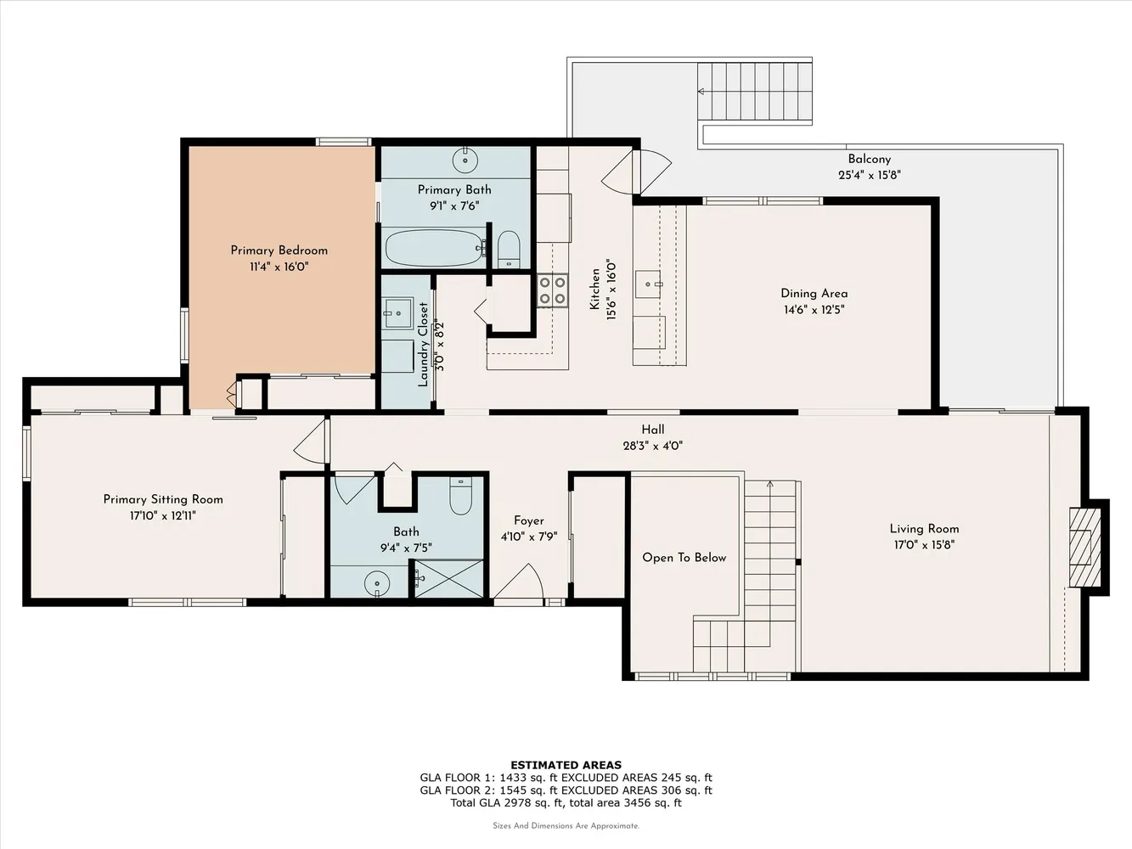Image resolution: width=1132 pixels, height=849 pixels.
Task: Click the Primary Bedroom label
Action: click(279, 250)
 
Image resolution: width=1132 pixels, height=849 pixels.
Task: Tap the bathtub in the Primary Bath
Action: click(434, 248)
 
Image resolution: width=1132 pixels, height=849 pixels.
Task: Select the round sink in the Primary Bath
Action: click(465, 160)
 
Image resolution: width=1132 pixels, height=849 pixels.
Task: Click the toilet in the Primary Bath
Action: click(509, 249)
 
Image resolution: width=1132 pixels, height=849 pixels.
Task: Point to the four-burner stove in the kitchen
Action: click(552, 290)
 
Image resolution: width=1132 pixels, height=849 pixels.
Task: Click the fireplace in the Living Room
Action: click(1084, 547)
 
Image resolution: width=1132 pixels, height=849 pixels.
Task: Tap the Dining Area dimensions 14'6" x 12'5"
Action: click(814, 310)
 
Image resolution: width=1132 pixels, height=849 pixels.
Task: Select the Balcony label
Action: click(870, 159)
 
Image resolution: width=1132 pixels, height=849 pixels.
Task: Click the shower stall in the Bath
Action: click(449, 578)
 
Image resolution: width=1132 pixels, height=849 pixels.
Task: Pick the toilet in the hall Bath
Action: click(460, 496)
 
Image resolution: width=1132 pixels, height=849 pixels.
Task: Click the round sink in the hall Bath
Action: click(377, 584)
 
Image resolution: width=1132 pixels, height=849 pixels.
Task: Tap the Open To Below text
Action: click(684, 557)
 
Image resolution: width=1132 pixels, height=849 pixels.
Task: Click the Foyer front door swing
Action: click(519, 582)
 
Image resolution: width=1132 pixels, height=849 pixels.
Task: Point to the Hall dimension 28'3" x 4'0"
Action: click(652, 446)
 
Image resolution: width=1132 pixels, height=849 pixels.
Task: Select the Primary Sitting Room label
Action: click(163, 499)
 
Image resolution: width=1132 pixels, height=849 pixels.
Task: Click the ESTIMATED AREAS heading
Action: click(566, 765)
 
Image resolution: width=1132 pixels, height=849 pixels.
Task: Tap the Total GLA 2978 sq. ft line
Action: click(566, 802)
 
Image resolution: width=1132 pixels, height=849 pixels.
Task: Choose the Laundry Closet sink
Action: click(398, 312)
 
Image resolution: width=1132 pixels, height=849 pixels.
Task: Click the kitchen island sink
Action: click(647, 284)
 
